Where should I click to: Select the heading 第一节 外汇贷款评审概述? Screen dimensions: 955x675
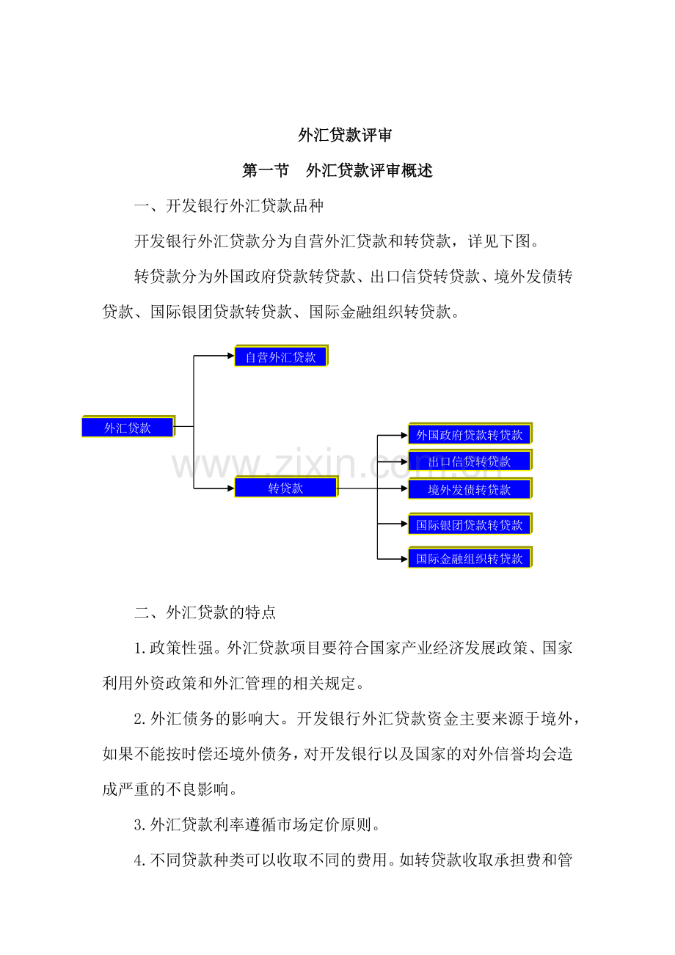click(337, 171)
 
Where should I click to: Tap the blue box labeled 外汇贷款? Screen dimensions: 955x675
click(128, 428)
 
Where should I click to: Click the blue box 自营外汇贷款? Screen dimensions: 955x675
click(281, 357)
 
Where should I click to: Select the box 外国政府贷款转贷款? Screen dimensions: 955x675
click(470, 435)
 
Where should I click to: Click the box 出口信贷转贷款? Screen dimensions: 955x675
click(470, 461)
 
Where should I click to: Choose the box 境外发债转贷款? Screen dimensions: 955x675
click(470, 489)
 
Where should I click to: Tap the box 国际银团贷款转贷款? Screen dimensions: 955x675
click(470, 524)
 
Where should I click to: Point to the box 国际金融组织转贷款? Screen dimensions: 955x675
click(470, 559)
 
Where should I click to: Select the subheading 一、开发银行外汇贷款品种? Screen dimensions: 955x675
click(229, 206)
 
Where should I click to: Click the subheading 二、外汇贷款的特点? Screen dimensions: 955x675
click(205, 612)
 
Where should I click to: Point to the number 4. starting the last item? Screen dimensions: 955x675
click(141, 860)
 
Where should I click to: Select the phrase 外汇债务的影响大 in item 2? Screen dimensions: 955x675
click(215, 719)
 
